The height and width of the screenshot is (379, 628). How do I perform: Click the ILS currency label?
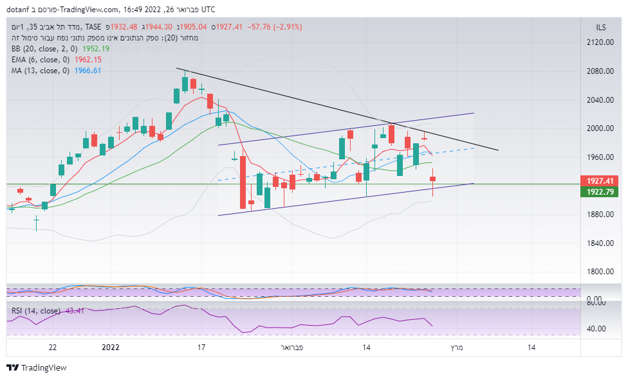click(601, 27)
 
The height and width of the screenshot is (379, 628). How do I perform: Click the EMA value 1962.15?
click(89, 60)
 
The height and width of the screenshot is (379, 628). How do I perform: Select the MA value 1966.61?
click(88, 71)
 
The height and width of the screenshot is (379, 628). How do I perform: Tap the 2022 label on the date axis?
click(111, 348)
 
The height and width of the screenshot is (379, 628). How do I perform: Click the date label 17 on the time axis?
click(201, 348)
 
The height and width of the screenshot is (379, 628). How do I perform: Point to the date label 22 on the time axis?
click(53, 348)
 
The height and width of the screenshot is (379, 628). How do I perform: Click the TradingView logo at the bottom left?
click(37, 368)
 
